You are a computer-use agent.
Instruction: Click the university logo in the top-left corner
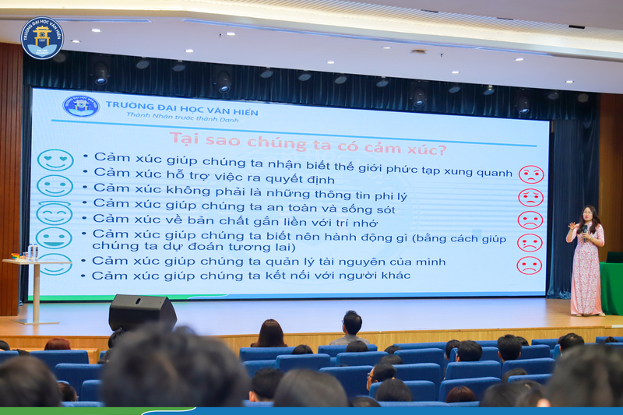click(x=42, y=38)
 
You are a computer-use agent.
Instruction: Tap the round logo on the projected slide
click(x=81, y=106)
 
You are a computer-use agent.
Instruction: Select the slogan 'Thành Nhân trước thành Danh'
click(x=182, y=117)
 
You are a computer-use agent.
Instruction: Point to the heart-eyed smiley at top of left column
click(x=55, y=160)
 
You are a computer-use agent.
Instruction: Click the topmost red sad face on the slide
click(x=531, y=174)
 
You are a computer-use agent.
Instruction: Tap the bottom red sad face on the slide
click(x=530, y=266)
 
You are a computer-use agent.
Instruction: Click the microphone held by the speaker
click(x=586, y=233)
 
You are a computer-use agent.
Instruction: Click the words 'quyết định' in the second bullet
click(x=300, y=179)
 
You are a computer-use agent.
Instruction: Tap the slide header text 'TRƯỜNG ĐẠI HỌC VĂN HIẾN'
click(x=182, y=108)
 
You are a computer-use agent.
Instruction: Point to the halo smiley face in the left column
click(x=55, y=213)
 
